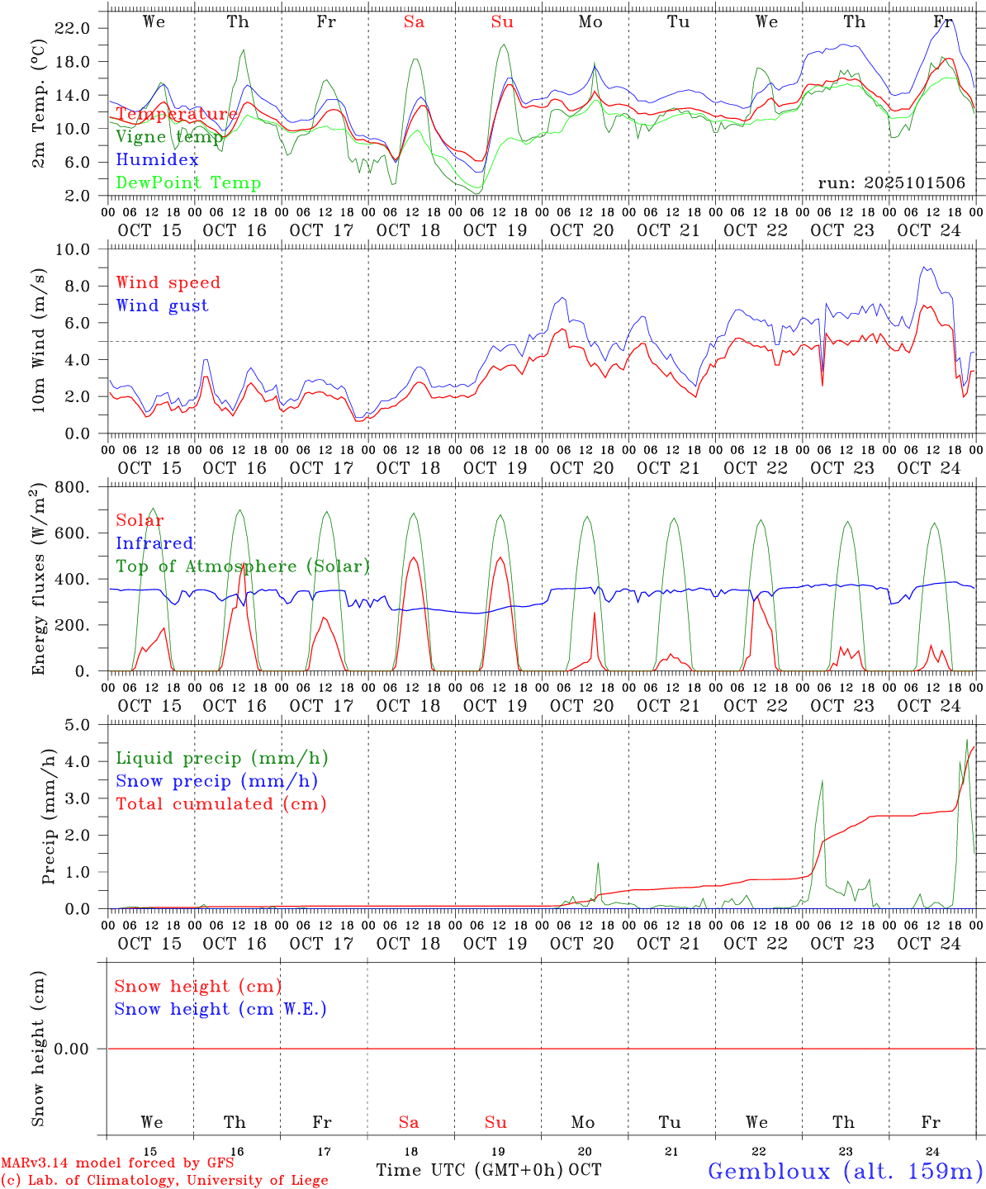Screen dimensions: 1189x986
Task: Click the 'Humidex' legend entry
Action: [x=157, y=160]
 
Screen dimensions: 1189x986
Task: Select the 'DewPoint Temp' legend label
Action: [x=188, y=183]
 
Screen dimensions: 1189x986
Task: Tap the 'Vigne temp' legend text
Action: [x=169, y=137]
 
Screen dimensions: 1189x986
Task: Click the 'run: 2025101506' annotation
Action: [x=891, y=183]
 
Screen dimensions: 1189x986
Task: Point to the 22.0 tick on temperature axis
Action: [x=72, y=28]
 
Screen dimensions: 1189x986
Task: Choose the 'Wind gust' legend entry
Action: [x=162, y=306]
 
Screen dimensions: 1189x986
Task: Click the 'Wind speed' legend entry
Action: [x=168, y=282]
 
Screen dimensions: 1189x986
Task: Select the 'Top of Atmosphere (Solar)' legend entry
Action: [x=243, y=566]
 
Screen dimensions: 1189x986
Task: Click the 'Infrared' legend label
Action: [x=154, y=543]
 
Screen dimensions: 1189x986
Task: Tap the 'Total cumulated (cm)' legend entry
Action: [x=221, y=803]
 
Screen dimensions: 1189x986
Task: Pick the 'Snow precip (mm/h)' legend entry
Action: [x=217, y=781]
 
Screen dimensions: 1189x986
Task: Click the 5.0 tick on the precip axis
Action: [x=77, y=725]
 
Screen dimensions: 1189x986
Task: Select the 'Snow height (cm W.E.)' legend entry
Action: [x=220, y=1009]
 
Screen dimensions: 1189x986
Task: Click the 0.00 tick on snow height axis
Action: [x=76, y=1049]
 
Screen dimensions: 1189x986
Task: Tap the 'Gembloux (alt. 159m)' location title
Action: [x=846, y=1171]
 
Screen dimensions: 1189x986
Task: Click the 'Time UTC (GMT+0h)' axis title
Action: [x=470, y=1170]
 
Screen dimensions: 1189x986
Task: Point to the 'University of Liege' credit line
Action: [x=164, y=1181]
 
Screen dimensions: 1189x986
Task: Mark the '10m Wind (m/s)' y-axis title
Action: [x=38, y=340]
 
